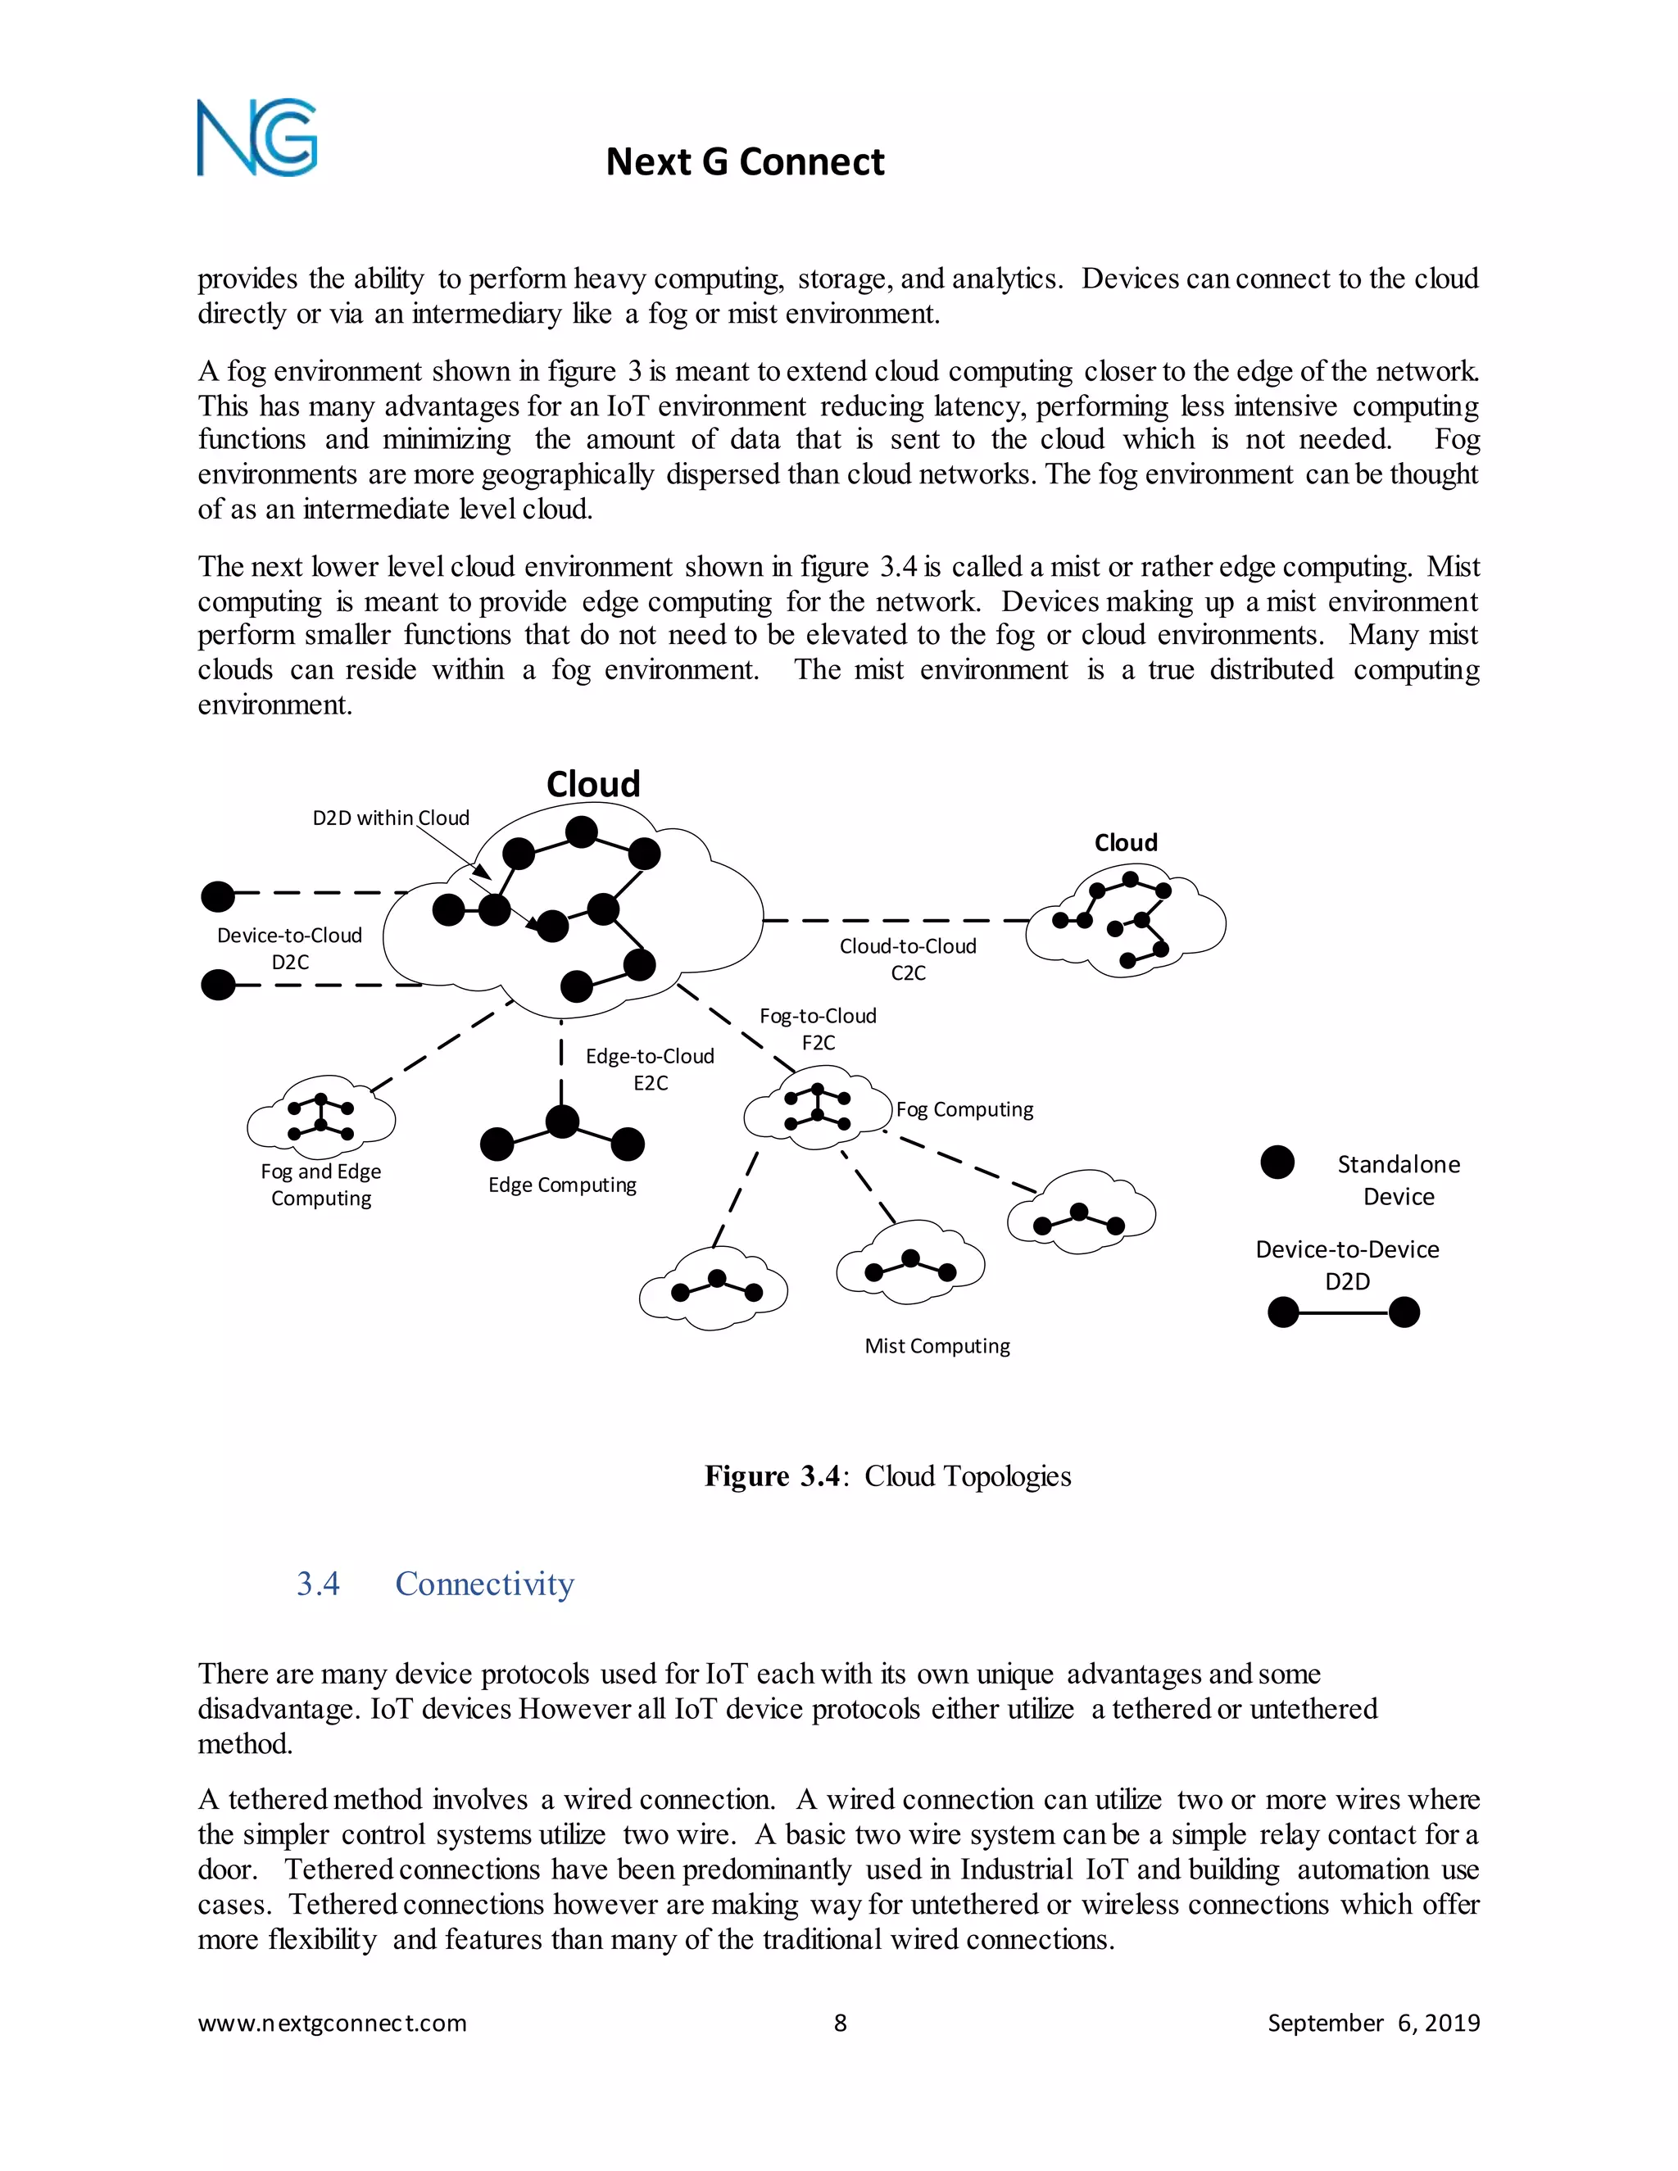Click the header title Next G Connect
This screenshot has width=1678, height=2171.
coord(745,162)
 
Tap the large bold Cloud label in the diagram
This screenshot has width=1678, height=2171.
coord(592,784)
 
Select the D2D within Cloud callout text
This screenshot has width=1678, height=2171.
coord(391,818)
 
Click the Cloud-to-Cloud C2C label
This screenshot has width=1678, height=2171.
coord(908,959)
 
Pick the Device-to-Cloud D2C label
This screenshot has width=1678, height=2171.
coord(289,949)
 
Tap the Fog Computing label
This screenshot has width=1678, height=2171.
coord(964,1109)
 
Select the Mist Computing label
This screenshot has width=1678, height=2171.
coord(937,1346)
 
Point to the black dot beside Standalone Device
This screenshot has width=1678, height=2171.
coord(1277,1162)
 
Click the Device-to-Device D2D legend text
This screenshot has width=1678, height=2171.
coord(1347,1264)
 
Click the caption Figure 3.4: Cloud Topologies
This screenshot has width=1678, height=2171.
coord(887,1476)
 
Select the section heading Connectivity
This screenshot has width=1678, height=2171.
coord(484,1584)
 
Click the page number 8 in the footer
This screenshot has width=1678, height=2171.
coord(840,2023)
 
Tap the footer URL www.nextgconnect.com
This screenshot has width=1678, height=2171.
coord(332,2023)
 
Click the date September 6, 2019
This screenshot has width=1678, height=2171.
coord(1373,2023)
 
